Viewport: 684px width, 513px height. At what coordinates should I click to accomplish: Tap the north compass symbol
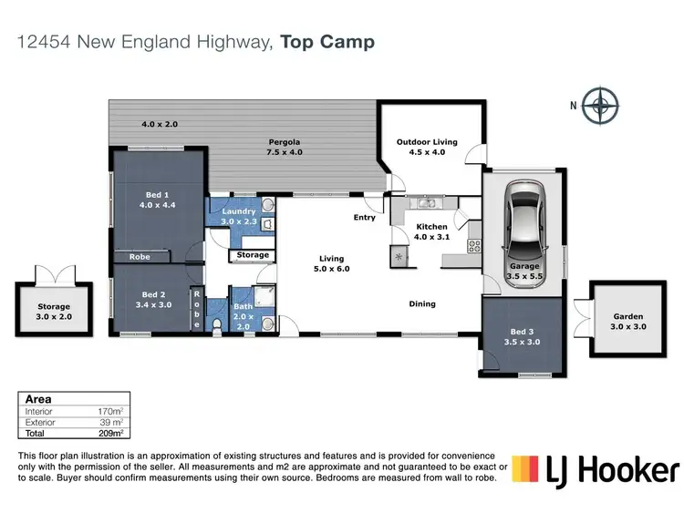tap(600, 106)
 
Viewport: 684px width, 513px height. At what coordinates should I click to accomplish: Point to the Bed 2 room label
tap(154, 300)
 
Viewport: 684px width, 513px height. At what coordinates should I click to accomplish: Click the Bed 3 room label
tap(523, 336)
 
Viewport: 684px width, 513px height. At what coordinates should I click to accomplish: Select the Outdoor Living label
tap(426, 148)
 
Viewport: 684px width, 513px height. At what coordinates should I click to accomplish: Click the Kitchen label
tap(431, 231)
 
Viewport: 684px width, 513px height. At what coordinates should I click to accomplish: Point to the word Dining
tap(422, 303)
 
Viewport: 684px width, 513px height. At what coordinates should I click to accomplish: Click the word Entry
tap(365, 218)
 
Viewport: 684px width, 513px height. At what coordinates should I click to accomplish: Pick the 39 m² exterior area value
tap(109, 423)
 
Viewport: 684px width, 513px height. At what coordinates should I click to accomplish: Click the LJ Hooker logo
tap(595, 470)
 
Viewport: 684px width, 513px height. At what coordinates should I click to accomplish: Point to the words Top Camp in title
tap(327, 42)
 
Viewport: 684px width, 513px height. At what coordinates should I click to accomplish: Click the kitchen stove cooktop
tap(473, 245)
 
